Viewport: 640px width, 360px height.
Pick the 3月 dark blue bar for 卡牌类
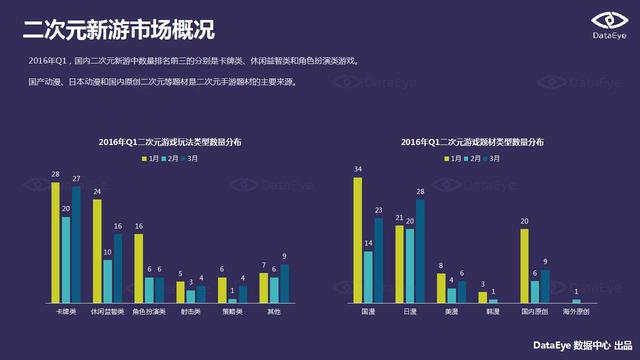(77, 245)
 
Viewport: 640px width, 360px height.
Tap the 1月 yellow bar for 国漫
(357, 241)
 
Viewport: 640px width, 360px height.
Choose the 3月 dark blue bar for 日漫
(420, 251)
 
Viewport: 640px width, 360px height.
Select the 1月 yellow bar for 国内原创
(523, 266)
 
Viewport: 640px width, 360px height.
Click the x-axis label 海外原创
(575, 312)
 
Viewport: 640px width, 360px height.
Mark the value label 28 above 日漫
(420, 191)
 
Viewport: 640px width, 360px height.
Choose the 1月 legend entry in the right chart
(441, 159)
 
